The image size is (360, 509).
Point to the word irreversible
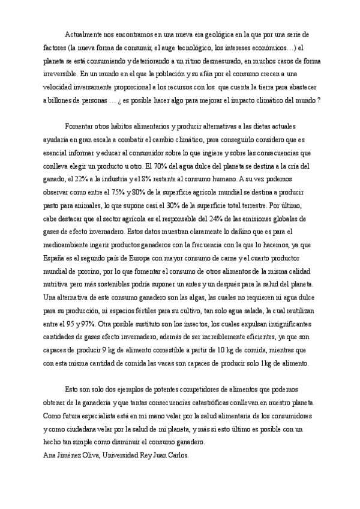pyautogui.click(x=60, y=74)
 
